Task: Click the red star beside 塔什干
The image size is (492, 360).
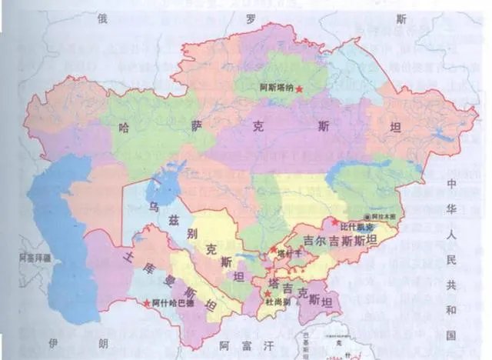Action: (273, 248)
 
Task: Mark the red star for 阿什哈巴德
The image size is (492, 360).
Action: (147, 303)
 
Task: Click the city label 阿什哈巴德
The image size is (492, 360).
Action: (172, 303)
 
